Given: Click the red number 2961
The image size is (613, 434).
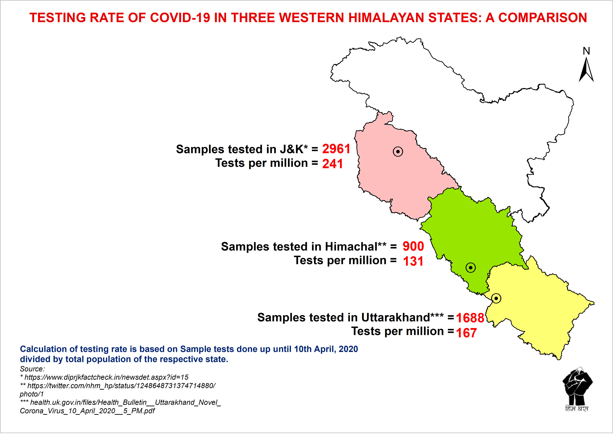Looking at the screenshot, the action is [336, 149].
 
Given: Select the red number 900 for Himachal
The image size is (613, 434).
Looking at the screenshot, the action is [413, 246].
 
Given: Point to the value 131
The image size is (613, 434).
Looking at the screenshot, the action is [413, 261].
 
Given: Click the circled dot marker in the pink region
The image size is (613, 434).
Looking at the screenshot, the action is [398, 152].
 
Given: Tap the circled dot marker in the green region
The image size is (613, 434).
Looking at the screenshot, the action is [470, 267].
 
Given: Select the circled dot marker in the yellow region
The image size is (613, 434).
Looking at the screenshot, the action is [496, 298].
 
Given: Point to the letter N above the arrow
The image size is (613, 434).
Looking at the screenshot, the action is [586, 51].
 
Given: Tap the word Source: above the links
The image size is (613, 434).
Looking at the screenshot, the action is [32, 369].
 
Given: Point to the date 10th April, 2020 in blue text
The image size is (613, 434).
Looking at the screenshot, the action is [326, 349].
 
